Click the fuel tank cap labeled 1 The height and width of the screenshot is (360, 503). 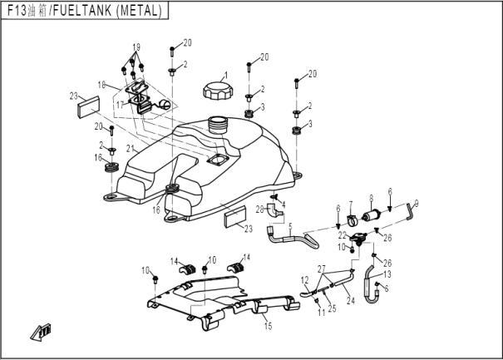click(215, 91)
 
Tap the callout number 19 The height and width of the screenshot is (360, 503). click(136, 46)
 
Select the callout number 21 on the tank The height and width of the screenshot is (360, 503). click(129, 148)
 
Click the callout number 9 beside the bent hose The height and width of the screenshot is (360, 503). click(416, 201)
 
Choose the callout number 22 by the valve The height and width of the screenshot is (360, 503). click(343, 235)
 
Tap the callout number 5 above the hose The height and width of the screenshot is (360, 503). click(290, 224)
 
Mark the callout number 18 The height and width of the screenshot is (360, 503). click(101, 85)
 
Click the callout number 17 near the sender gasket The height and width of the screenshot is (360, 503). click(119, 104)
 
